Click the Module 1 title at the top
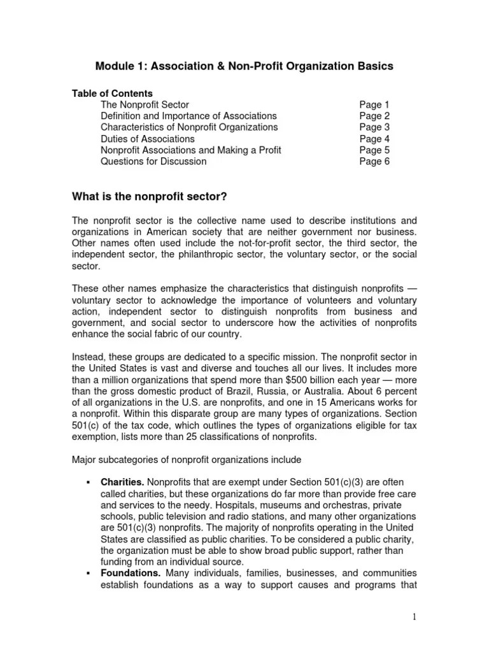tap(244, 66)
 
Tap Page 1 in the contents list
tap(374, 104)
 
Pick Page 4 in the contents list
tap(374, 139)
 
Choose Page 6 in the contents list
tap(374, 162)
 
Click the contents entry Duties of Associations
tap(148, 139)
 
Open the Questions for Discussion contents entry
tap(153, 162)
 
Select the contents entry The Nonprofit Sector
tap(145, 104)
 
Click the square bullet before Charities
tap(87, 483)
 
